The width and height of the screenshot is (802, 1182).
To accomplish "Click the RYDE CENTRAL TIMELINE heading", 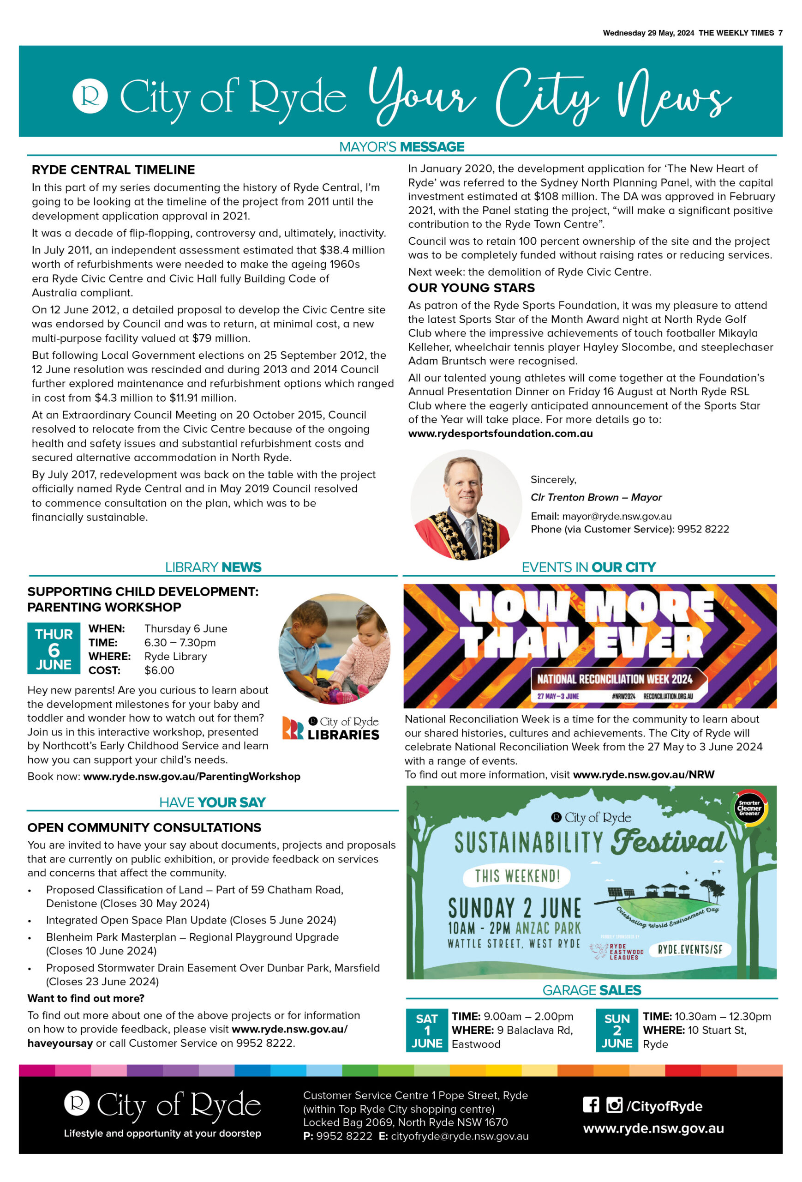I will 113,169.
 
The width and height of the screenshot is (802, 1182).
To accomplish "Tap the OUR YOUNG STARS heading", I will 471,288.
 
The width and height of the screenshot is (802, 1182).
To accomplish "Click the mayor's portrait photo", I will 466,505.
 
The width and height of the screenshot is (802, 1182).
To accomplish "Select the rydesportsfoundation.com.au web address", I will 500,434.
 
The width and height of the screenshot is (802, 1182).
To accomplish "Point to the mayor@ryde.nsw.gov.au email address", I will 616,516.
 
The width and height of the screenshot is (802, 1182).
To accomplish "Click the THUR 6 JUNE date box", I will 54,648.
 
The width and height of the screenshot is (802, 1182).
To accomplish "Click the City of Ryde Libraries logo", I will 331,728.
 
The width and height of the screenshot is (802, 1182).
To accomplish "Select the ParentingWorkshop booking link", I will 192,776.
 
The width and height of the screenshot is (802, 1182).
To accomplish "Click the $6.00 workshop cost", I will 159,670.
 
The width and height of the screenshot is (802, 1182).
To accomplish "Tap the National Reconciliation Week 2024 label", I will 615,679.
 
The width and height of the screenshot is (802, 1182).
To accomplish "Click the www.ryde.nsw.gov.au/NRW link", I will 643,774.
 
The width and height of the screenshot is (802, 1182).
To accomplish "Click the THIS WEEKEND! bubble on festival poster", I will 517,876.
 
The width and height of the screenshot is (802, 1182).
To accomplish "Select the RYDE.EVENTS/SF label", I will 690,950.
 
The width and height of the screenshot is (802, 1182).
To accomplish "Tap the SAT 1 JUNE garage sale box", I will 426,1031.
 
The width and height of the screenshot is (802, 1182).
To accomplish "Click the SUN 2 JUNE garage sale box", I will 616,1031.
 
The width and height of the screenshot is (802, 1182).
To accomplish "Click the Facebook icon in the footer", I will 591,1105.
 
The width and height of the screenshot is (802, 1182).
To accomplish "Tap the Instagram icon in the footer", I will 614,1105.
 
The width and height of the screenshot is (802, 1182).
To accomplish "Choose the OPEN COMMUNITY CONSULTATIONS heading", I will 144,827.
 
